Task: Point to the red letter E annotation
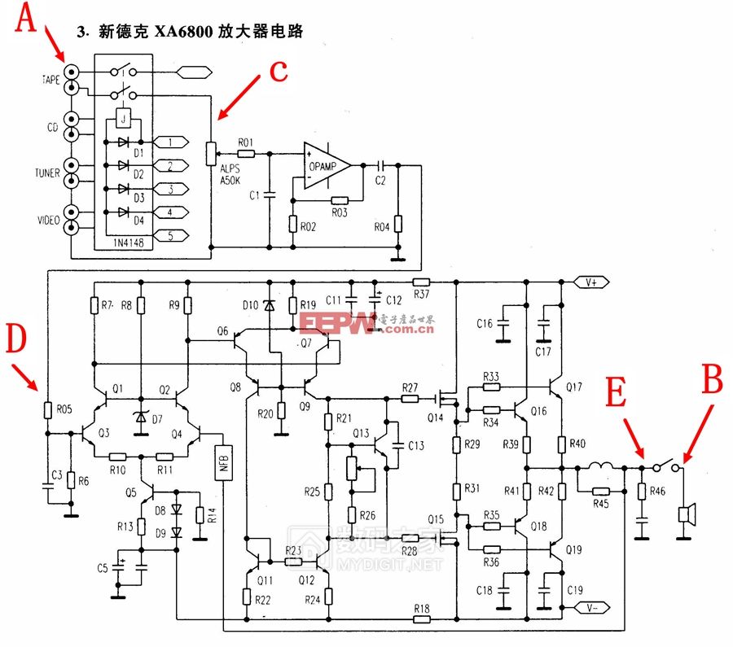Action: click(x=617, y=396)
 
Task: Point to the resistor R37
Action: click(x=421, y=282)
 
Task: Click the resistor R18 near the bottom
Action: click(x=421, y=619)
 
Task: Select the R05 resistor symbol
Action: click(x=46, y=409)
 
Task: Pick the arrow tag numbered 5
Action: click(x=170, y=236)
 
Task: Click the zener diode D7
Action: click(x=141, y=418)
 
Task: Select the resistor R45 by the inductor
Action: click(x=600, y=491)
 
